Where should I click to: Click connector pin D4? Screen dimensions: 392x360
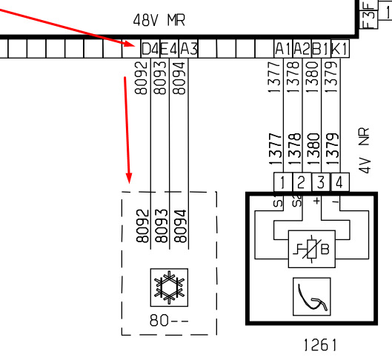[x=150, y=48]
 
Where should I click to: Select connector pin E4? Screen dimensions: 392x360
[x=169, y=48]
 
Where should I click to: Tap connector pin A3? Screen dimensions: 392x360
[x=188, y=48]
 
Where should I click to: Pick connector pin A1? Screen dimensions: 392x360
[x=283, y=48]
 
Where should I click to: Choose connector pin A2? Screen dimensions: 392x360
[x=302, y=48]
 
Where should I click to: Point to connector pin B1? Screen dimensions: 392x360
[x=321, y=48]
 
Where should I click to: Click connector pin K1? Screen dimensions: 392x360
[x=340, y=48]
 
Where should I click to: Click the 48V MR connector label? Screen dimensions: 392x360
[x=159, y=20]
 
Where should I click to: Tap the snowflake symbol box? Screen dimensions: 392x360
[x=169, y=287]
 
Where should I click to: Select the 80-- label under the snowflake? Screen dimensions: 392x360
[x=169, y=320]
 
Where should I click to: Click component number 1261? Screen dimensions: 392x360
[x=320, y=345]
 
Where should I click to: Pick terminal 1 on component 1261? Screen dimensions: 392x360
[x=283, y=182]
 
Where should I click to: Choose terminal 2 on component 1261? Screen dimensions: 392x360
[x=302, y=182]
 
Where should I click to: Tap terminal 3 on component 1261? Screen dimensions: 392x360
[x=321, y=182]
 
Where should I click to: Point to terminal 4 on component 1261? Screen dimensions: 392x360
[x=340, y=182]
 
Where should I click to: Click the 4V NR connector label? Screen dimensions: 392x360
[x=364, y=150]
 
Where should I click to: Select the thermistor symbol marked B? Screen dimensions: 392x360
[x=312, y=249]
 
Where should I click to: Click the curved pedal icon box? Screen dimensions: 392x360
[x=312, y=296]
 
